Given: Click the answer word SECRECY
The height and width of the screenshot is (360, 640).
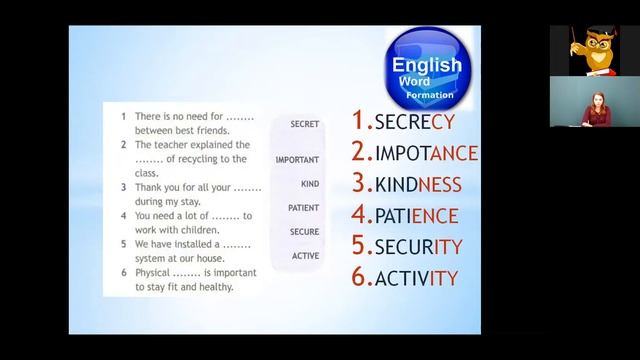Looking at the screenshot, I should pos(414,122).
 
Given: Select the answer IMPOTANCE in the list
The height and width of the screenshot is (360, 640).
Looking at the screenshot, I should pos(426,153).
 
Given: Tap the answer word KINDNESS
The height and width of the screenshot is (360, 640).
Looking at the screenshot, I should pos(418,184).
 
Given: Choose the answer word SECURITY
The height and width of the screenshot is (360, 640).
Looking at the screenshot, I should pos(418,246).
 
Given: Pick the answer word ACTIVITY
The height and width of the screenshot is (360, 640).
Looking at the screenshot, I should pos(416,277).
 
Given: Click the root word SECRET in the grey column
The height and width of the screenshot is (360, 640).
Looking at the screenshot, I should pos(304,124).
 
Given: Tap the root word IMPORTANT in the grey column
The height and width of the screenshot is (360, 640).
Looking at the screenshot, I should pos(297,160).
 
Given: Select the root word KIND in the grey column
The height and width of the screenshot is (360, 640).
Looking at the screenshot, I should pos(309,184).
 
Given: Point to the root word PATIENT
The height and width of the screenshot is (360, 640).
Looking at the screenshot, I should pos(303,208).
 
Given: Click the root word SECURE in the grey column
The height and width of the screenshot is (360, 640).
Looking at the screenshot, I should pos(304,232).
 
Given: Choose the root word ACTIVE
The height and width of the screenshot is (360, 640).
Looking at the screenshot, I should pos(305,256).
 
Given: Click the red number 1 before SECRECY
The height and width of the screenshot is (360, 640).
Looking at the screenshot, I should pos(361,121).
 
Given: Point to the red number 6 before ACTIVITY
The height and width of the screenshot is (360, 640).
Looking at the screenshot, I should pos(362,277).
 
